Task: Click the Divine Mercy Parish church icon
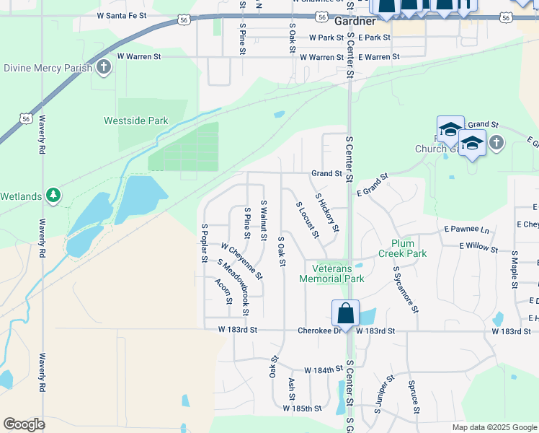click(104, 68)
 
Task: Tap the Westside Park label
click(135, 121)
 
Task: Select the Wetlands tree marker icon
click(53, 194)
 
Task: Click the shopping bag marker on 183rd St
click(346, 313)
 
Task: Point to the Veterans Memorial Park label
click(332, 274)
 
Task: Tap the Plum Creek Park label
click(404, 248)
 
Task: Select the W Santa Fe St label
click(111, 15)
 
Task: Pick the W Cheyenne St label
click(242, 261)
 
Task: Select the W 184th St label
click(323, 369)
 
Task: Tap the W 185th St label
click(302, 408)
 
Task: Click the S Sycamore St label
click(406, 289)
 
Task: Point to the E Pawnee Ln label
click(466, 229)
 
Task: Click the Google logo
click(24, 424)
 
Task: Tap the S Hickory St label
click(326, 213)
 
